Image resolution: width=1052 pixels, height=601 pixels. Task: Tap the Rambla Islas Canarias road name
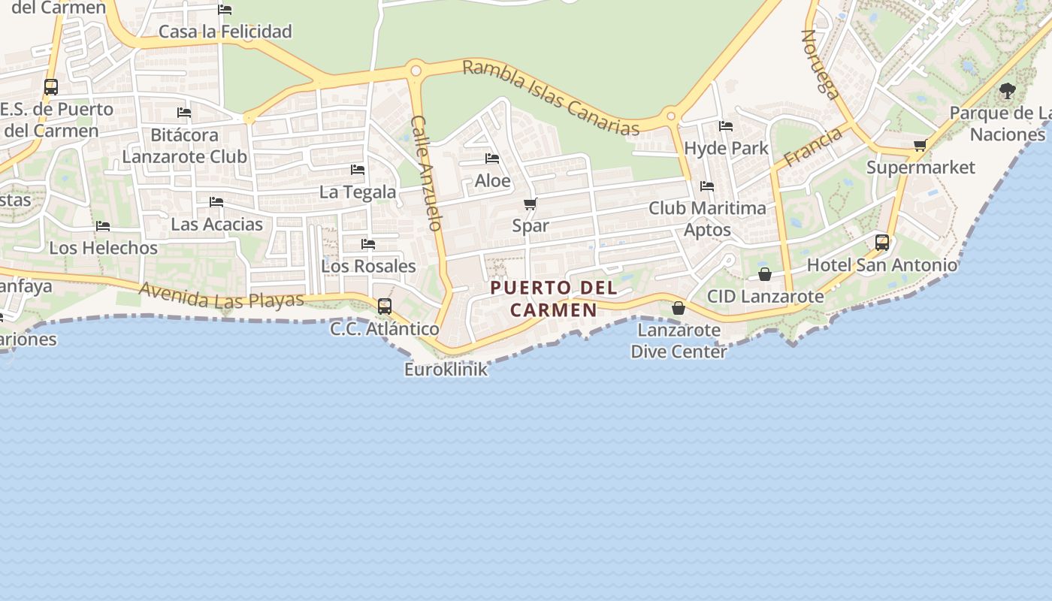(x=550, y=97)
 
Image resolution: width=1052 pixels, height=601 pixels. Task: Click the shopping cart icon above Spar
(x=530, y=204)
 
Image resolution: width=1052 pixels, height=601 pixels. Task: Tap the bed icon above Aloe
(x=492, y=159)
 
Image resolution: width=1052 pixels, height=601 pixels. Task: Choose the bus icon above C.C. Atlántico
(x=385, y=306)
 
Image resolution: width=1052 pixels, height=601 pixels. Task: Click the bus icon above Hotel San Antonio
(x=882, y=243)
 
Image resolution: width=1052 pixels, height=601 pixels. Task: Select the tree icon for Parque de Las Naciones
(x=1007, y=92)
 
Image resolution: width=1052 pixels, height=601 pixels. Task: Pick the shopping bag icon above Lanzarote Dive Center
(x=678, y=308)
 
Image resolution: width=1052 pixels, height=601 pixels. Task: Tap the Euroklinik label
(x=446, y=370)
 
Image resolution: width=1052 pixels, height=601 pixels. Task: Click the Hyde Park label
(x=726, y=148)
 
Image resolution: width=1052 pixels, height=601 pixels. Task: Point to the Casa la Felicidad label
(x=225, y=32)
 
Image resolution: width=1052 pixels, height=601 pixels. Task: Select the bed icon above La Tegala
(x=358, y=170)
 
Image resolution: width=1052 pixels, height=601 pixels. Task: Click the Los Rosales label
(x=368, y=266)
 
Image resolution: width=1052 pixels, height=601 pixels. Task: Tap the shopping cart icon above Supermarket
(x=920, y=145)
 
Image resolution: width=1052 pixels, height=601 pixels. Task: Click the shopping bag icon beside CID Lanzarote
(x=764, y=274)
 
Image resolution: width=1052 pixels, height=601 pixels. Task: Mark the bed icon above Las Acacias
(x=216, y=202)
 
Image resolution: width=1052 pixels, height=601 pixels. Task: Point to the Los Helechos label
(x=104, y=247)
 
